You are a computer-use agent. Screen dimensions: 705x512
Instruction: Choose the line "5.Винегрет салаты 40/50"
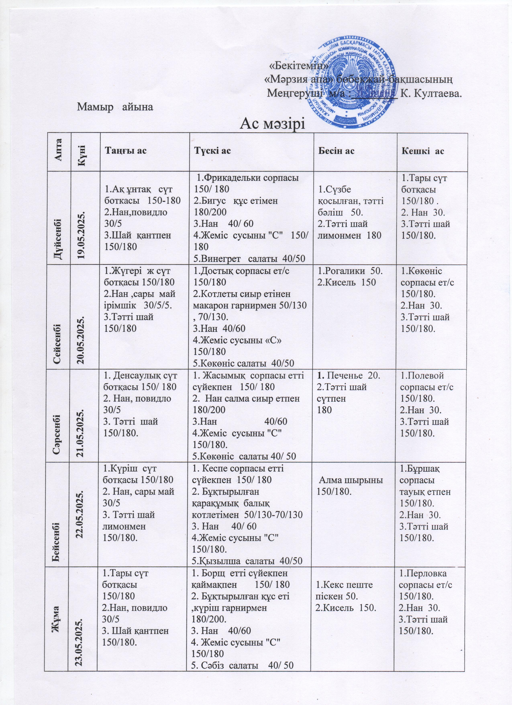click(x=249, y=258)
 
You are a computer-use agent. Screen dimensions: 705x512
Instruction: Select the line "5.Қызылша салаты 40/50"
click(x=247, y=560)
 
